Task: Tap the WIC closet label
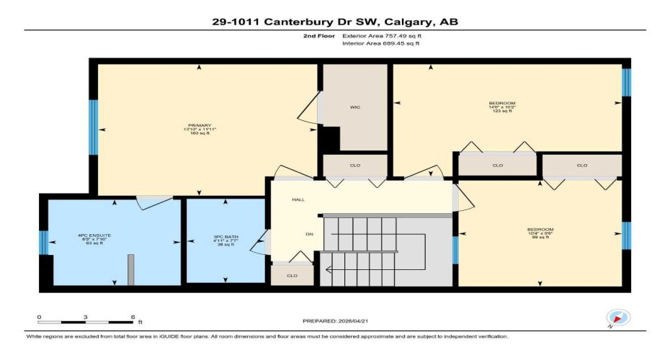355,107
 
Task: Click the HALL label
297,199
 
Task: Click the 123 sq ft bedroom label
501,107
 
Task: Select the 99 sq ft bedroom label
540,233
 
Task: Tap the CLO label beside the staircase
292,276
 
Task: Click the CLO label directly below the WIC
355,166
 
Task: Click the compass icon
618,318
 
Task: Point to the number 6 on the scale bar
133,317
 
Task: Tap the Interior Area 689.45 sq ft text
380,43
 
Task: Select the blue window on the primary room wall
92,127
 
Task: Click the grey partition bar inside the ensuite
131,269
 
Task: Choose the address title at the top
334,22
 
